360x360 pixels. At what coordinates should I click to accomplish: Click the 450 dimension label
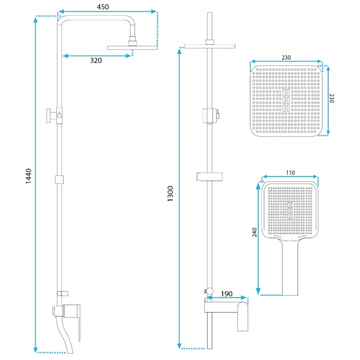(103, 7)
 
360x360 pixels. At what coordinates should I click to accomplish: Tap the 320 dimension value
(96, 61)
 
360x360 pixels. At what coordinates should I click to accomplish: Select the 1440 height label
(28, 176)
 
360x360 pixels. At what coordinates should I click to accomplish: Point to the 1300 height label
(170, 194)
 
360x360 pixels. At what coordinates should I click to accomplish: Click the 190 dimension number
(226, 294)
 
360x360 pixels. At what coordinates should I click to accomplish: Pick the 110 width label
(290, 173)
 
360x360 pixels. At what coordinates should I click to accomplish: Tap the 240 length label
(254, 232)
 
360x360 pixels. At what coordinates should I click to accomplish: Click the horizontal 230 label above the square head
(286, 58)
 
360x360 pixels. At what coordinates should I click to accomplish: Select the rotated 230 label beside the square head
(332, 98)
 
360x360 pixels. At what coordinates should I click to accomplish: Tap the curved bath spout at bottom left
(65, 335)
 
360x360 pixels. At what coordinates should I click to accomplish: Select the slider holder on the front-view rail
(209, 176)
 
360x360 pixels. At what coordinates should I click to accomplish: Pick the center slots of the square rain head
(286, 100)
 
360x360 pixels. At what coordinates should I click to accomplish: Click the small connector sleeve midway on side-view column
(59, 179)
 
